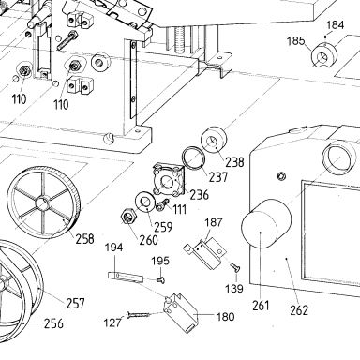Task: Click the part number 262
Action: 299,310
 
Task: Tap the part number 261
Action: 261,306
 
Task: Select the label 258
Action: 84,239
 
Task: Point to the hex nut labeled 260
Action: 127,217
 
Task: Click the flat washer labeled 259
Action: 144,202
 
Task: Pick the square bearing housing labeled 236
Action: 169,181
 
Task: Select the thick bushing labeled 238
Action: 215,140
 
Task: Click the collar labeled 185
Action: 323,55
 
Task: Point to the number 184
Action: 336,25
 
